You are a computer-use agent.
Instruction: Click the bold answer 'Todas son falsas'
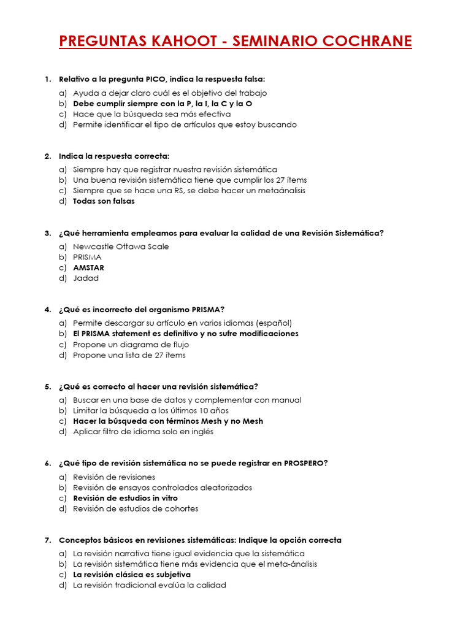[x=104, y=201]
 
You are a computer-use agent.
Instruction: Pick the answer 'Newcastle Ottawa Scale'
[x=121, y=247]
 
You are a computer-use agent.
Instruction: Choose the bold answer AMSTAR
[x=88, y=267]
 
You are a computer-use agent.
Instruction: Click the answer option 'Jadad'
[x=86, y=278]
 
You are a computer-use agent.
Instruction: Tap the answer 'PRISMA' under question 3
[x=87, y=257]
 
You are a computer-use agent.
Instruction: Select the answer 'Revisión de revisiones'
[x=114, y=477]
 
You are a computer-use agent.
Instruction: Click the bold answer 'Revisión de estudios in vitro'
[x=125, y=498]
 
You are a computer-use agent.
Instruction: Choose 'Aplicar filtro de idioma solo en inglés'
[x=143, y=432]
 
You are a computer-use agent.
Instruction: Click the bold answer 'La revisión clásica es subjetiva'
[x=132, y=575]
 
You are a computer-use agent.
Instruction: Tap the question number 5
[x=47, y=386]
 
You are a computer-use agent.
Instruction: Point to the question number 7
[x=47, y=540]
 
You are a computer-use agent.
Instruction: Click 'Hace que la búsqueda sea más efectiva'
[x=151, y=114]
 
